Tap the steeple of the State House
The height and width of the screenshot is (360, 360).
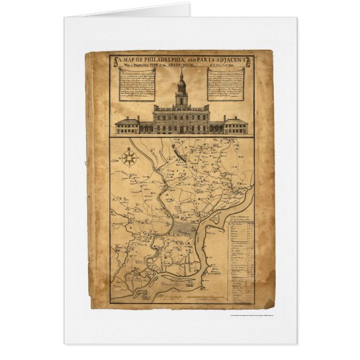[181, 84]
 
